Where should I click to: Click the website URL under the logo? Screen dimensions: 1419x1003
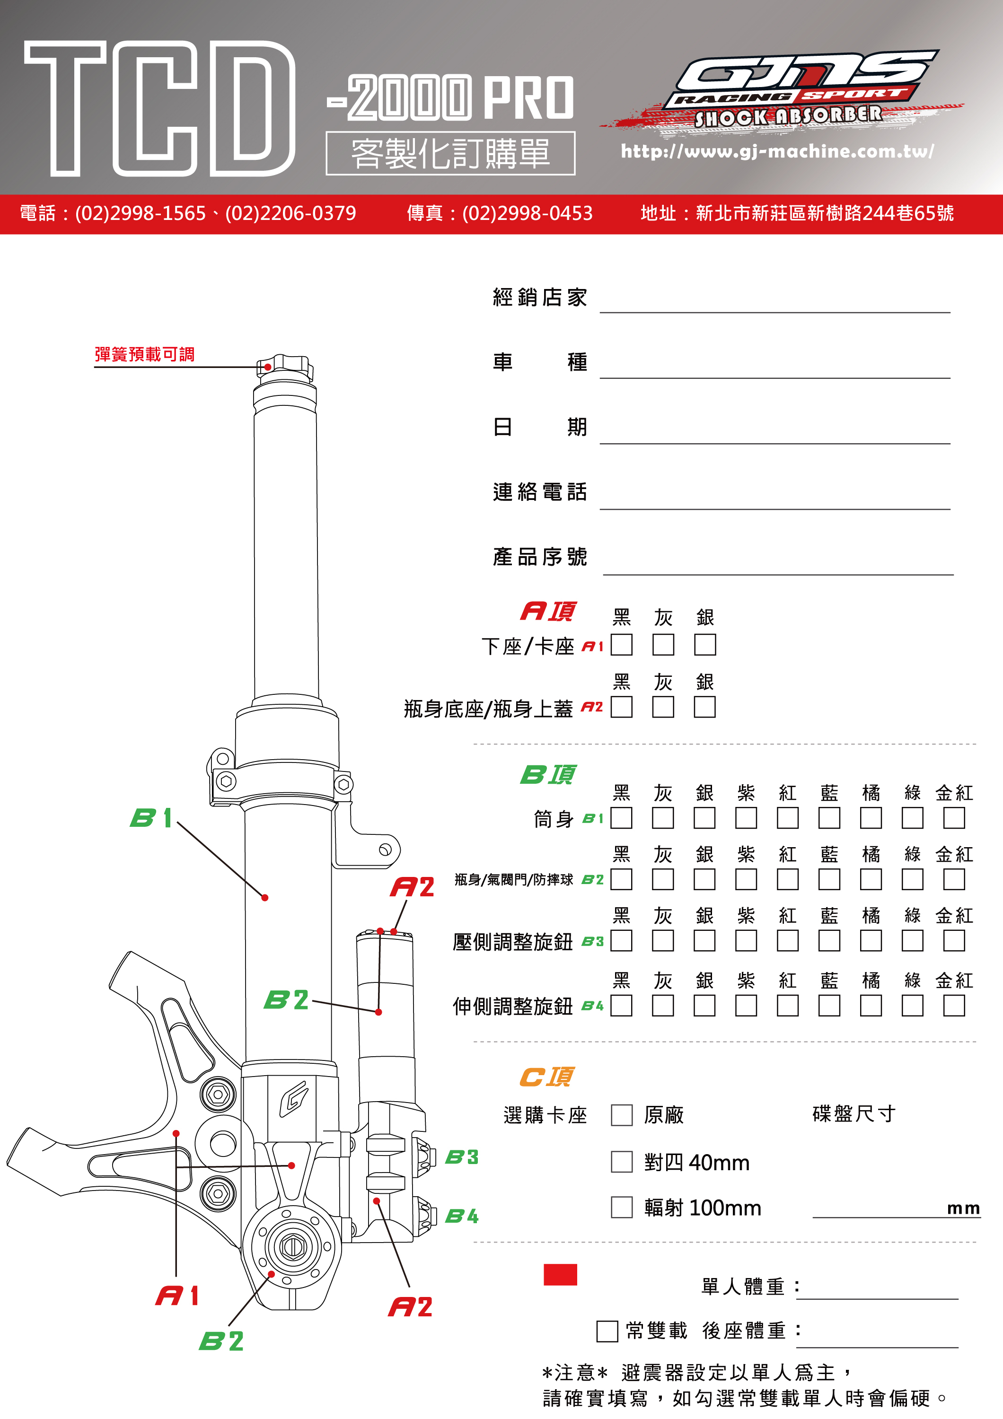click(x=777, y=151)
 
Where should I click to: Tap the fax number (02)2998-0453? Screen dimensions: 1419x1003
click(x=527, y=213)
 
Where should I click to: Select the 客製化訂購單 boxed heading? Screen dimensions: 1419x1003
click(x=450, y=153)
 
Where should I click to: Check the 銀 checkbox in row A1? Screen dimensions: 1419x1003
click(x=704, y=645)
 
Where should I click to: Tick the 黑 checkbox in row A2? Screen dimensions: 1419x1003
click(x=621, y=707)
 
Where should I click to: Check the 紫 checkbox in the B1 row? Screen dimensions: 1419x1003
click(x=746, y=818)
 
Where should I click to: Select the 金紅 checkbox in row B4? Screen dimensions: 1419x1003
click(x=954, y=1006)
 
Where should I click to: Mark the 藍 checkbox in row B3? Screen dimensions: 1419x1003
click(x=829, y=941)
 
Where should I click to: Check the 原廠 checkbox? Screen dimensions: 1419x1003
click(x=621, y=1115)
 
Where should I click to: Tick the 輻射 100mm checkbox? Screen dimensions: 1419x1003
click(x=621, y=1207)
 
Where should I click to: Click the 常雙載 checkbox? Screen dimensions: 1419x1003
click(x=607, y=1331)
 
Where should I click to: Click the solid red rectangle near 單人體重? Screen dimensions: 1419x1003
click(x=560, y=1274)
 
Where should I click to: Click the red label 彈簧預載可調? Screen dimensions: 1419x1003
click(x=145, y=354)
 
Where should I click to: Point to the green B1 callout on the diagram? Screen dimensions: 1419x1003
click(x=151, y=818)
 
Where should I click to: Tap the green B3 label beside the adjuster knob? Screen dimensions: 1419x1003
click(x=462, y=1157)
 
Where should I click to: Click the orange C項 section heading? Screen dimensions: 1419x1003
click(x=546, y=1077)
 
